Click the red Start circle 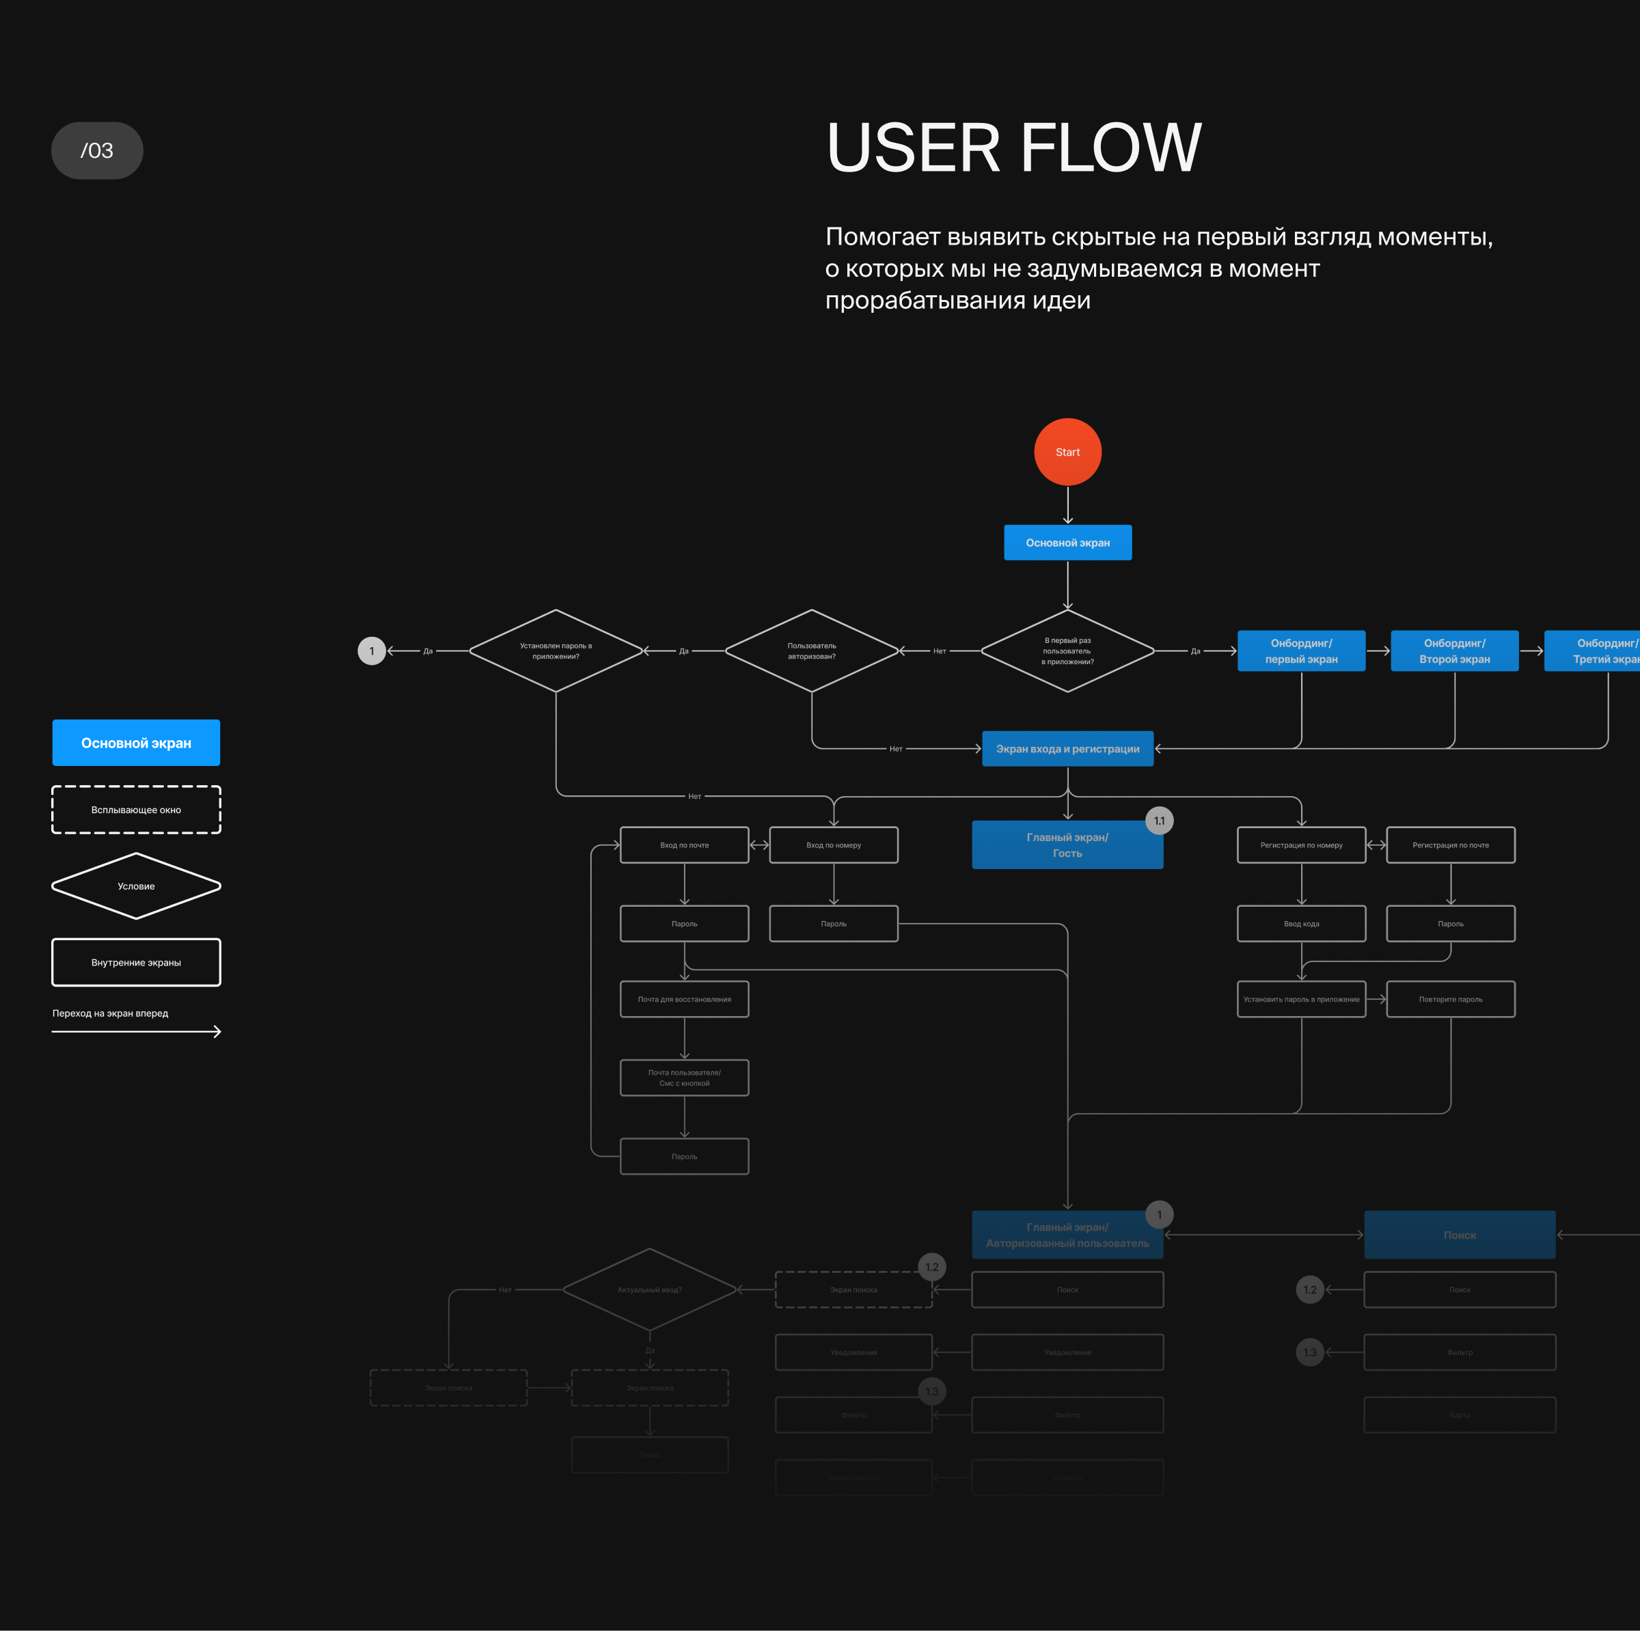(x=1067, y=452)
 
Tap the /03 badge (x=97, y=150)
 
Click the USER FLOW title (x=1013, y=148)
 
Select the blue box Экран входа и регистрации (x=1067, y=748)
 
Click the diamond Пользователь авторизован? (x=812, y=651)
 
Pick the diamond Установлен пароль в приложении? (x=556, y=651)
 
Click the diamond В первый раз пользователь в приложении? (x=1067, y=651)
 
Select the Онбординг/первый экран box (x=1301, y=651)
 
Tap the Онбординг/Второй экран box (x=1454, y=651)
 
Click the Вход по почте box (x=684, y=845)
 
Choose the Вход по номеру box (x=834, y=845)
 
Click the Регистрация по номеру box (x=1301, y=845)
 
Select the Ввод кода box (x=1301, y=923)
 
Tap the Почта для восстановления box (x=684, y=999)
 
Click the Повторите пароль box (x=1451, y=999)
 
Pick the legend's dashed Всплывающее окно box (x=136, y=810)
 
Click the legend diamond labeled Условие (x=136, y=886)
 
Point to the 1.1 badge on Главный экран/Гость (x=1160, y=821)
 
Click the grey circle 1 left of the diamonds (x=372, y=651)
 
